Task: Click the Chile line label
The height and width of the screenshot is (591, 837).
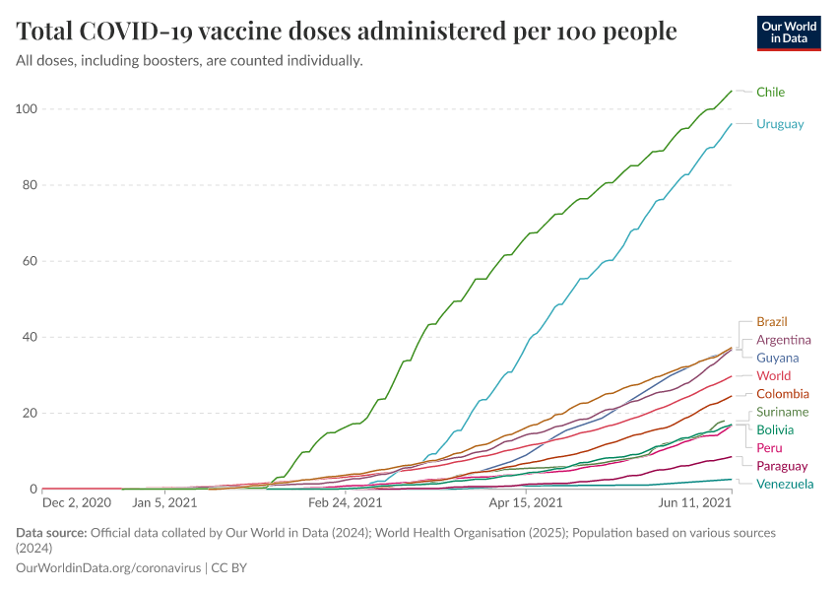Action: click(x=770, y=93)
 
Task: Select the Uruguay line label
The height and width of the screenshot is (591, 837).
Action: click(x=780, y=124)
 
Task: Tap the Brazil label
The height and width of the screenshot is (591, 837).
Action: click(x=772, y=322)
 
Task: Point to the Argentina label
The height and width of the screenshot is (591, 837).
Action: click(x=784, y=340)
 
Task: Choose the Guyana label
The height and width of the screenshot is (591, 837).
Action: click(x=777, y=358)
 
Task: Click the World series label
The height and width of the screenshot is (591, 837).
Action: click(x=773, y=376)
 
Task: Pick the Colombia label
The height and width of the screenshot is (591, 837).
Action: click(x=783, y=394)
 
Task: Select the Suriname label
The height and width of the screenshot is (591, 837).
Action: click(x=783, y=412)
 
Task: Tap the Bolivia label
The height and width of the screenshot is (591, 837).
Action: click(x=775, y=430)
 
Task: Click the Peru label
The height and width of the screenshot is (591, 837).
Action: click(x=769, y=448)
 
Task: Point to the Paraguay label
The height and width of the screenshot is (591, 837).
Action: click(x=782, y=466)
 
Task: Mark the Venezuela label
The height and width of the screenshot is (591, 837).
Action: click(x=785, y=485)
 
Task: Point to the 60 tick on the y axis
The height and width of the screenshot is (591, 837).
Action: click(x=27, y=261)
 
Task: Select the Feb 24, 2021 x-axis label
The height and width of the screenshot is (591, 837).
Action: click(x=345, y=502)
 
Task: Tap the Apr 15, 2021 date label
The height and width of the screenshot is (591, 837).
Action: click(x=524, y=502)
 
